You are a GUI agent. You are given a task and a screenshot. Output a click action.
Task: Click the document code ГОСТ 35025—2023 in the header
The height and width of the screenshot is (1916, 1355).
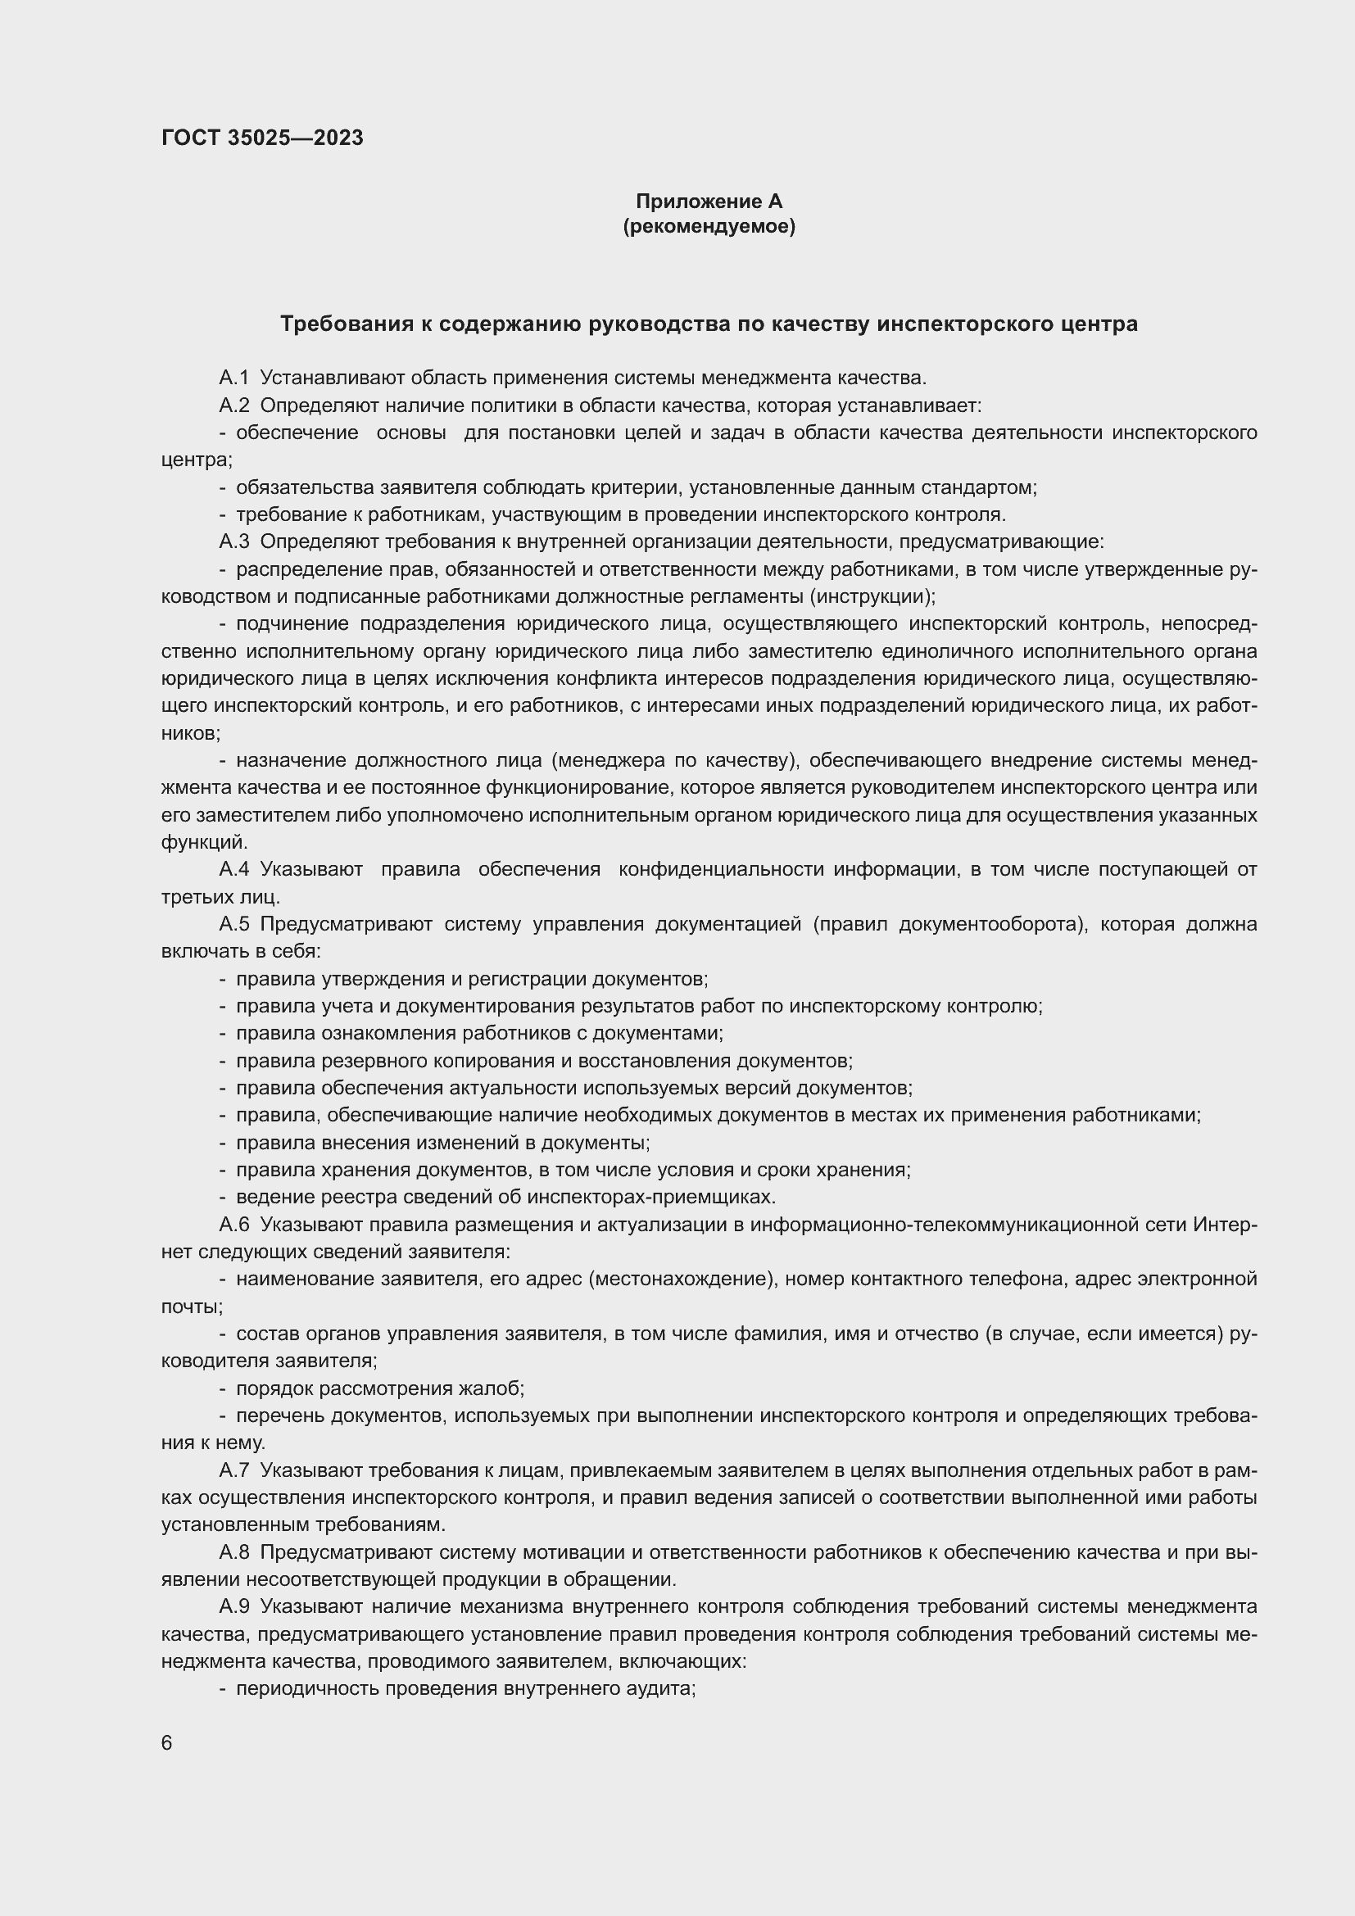262,138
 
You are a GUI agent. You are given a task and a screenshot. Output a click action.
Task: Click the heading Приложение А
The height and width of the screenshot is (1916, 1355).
709,202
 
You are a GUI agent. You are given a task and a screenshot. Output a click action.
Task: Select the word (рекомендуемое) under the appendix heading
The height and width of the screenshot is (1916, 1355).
709,226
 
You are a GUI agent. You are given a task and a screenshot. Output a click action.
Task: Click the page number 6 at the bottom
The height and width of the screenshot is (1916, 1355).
167,1742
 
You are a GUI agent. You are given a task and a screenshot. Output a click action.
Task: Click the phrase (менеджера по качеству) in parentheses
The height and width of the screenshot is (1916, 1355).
672,760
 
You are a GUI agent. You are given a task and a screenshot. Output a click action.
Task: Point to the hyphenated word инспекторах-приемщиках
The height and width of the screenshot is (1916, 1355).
658,1197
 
